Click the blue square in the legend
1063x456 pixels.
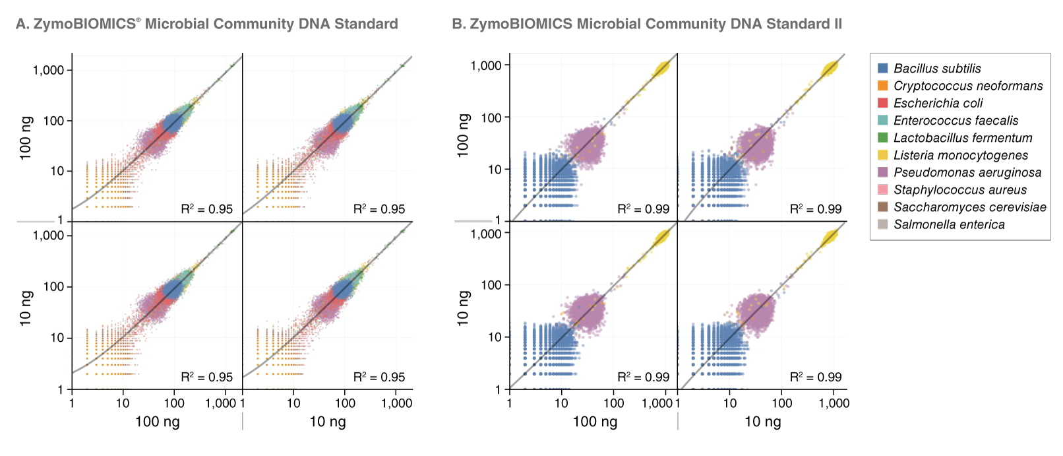coord(883,68)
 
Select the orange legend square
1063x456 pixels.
coord(883,85)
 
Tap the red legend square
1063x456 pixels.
coord(883,102)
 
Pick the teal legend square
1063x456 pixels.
coord(883,120)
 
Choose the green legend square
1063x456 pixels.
coord(883,137)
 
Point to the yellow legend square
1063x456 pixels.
coord(883,154)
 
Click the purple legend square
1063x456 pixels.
coord(883,172)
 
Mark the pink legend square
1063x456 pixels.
coord(883,189)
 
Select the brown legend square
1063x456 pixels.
coord(883,207)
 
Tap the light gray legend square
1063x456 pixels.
coord(883,224)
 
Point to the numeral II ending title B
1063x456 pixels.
coord(837,24)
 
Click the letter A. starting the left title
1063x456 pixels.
coord(22,24)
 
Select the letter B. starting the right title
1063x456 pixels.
coord(458,24)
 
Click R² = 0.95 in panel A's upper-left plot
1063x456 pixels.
coord(206,209)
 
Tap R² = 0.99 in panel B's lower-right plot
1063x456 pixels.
coord(816,377)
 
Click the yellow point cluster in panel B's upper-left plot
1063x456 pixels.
coord(661,69)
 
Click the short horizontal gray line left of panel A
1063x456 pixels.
coord(36,222)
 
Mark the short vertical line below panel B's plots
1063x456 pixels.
coord(678,421)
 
